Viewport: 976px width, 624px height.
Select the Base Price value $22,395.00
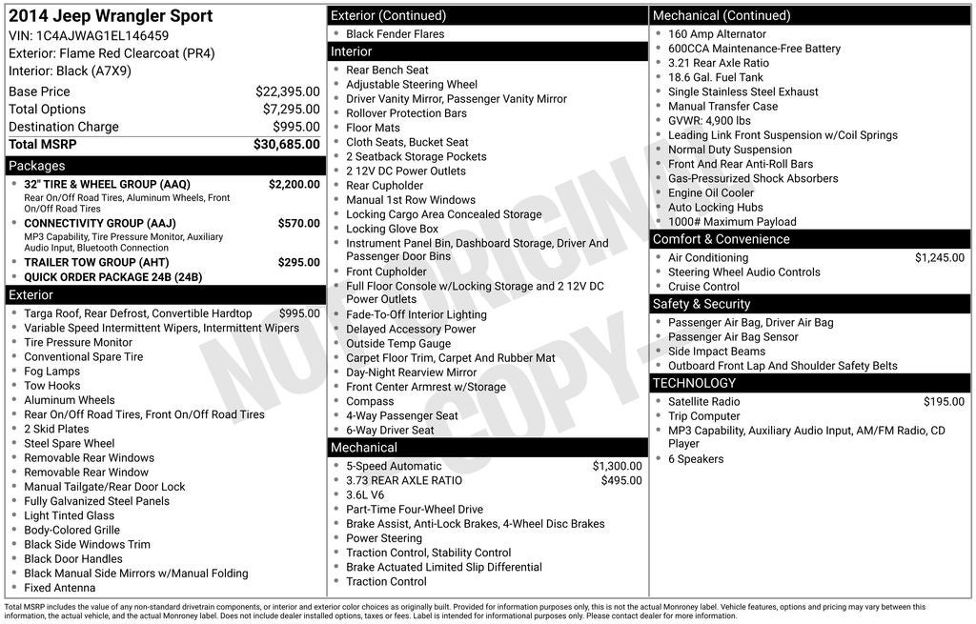[287, 91]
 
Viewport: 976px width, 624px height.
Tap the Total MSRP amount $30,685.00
[286, 144]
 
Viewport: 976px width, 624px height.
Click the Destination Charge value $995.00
[295, 127]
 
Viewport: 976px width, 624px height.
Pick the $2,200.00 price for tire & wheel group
[294, 184]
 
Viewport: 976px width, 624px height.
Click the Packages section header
[37, 166]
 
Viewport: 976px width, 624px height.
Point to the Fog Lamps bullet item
[51, 372]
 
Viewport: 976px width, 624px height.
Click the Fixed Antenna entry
[59, 588]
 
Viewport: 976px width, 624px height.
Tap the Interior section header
[352, 51]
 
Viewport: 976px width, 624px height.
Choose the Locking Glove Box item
[392, 229]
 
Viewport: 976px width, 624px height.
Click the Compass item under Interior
[370, 401]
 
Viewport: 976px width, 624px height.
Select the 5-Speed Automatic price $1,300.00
[617, 466]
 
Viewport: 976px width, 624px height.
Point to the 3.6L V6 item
[365, 494]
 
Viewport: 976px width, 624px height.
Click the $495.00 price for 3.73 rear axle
[620, 480]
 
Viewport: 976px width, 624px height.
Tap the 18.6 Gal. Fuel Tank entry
[715, 77]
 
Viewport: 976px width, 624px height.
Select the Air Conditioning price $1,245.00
[939, 257]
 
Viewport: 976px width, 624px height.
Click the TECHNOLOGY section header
[694, 383]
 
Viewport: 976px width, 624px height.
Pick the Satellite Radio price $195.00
[944, 401]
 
